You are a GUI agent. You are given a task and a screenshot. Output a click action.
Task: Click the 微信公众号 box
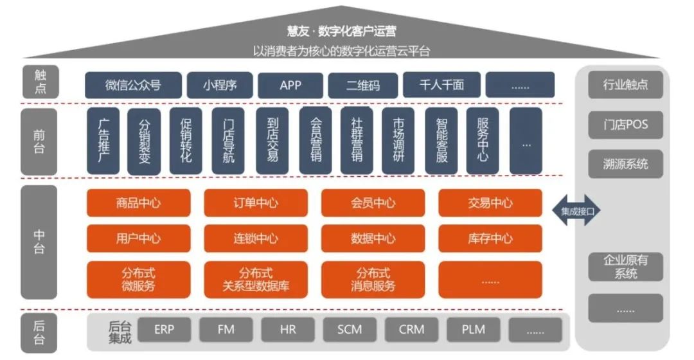132,85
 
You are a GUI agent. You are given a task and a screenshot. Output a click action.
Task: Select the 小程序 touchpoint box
220,85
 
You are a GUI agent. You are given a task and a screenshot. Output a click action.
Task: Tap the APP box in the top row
290,85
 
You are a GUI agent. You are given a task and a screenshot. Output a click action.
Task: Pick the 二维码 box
362,85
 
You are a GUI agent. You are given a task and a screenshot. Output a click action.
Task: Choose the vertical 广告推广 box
102,141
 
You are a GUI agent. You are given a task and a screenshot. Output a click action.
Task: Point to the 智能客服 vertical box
441,141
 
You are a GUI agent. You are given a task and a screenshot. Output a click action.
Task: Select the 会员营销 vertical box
316,141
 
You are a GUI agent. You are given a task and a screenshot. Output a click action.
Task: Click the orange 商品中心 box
139,203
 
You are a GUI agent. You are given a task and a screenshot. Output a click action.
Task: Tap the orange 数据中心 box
373,239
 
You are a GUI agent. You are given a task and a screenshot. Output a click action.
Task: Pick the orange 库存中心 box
490,239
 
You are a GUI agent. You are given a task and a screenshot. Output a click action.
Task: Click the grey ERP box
164,330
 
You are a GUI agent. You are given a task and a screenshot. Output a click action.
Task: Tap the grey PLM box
473,330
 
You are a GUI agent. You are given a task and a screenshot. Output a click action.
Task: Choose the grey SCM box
350,330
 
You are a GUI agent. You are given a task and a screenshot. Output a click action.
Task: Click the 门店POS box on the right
625,125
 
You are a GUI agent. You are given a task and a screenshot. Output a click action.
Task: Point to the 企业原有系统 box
625,267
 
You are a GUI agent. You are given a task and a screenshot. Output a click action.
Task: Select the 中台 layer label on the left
39,242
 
